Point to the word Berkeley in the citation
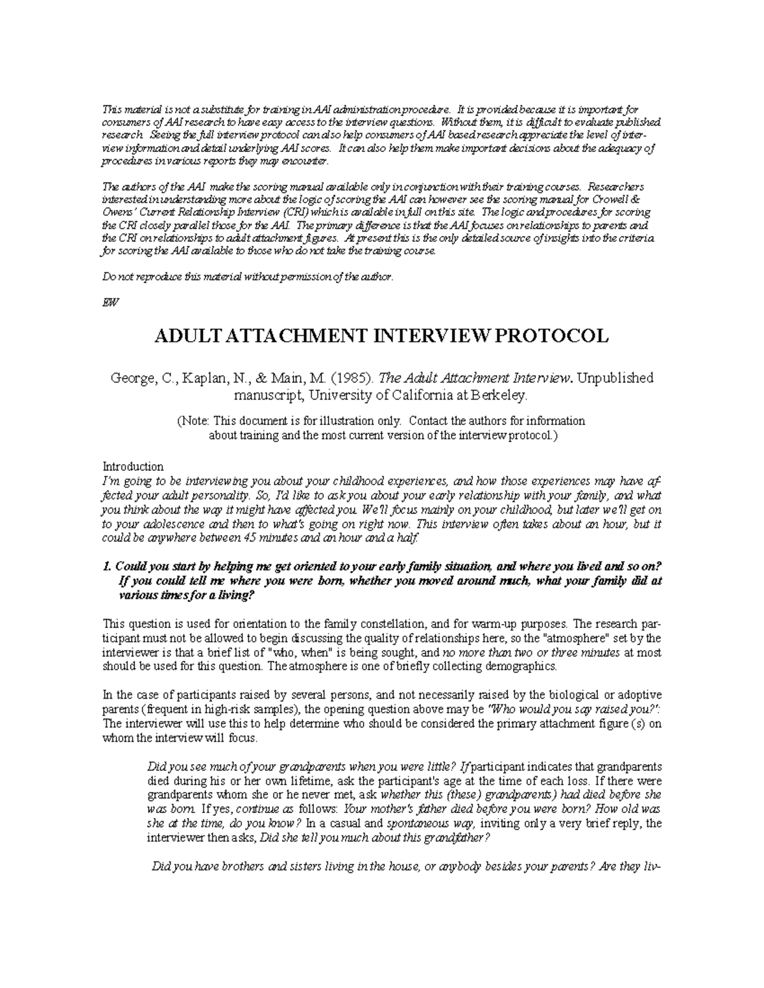tap(499, 396)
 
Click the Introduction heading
tap(133, 466)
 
